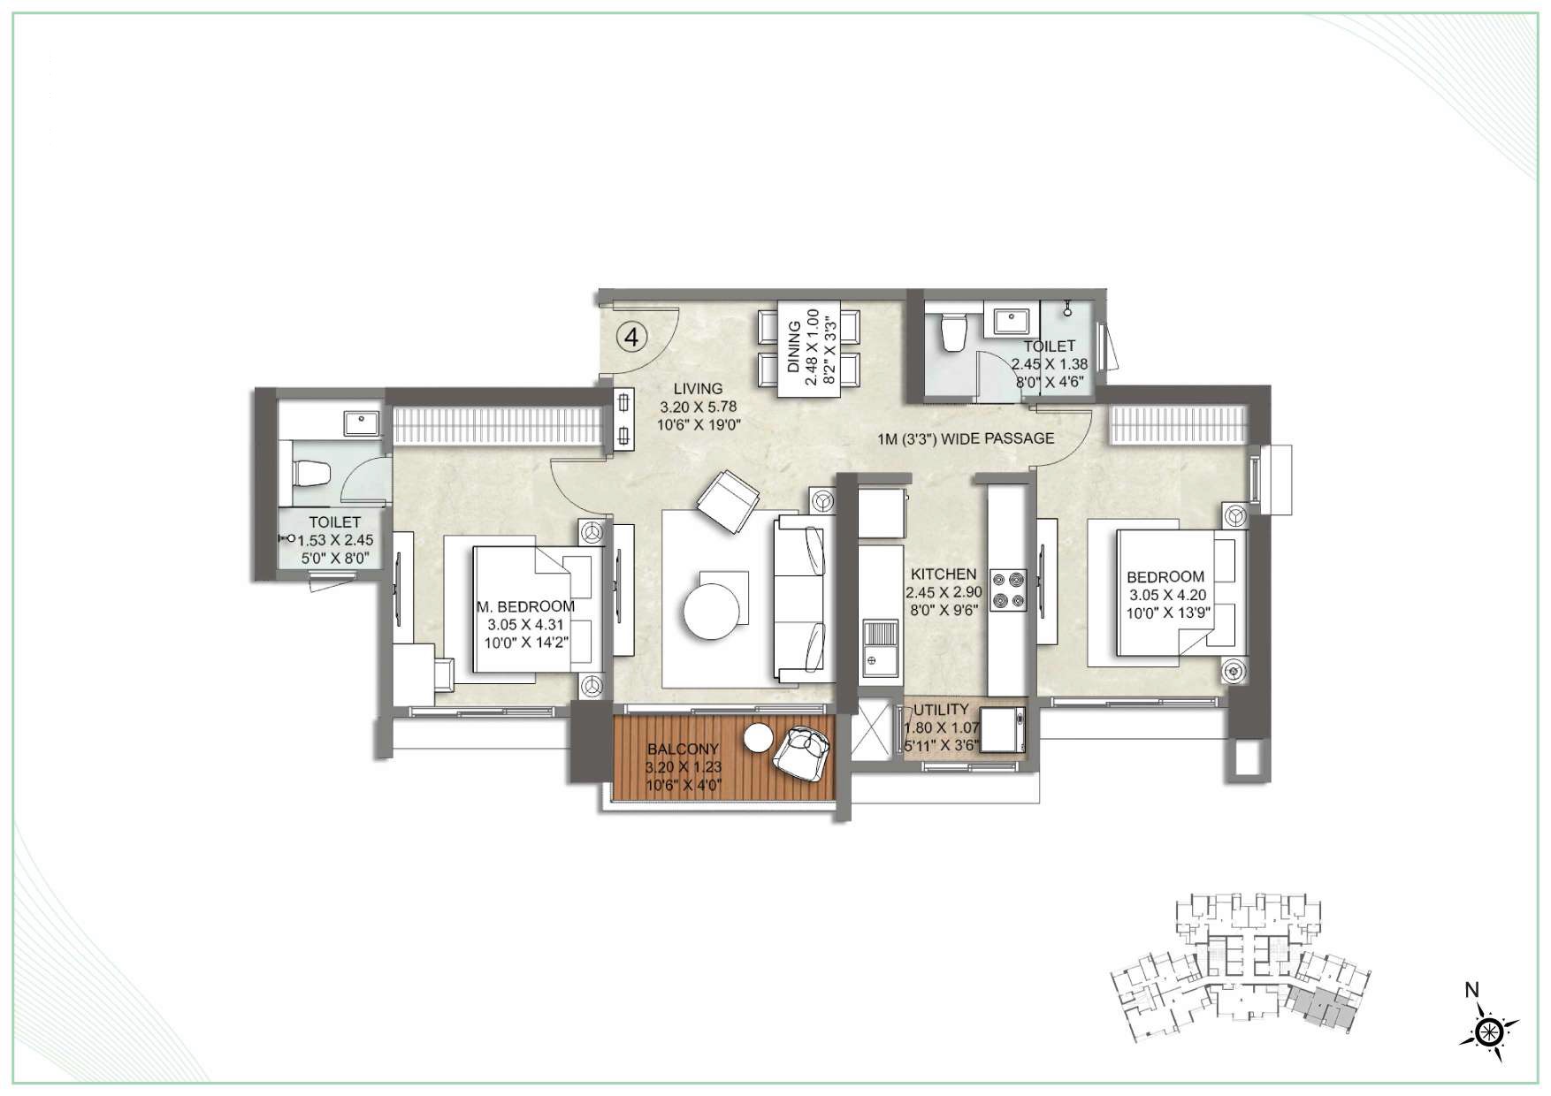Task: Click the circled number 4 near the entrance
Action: pyautogui.click(x=631, y=336)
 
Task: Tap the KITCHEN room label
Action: pyautogui.click(x=944, y=575)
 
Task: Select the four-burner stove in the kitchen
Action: pyautogui.click(x=1008, y=590)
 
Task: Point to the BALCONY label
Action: pyautogui.click(x=683, y=749)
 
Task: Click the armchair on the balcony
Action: pyautogui.click(x=803, y=752)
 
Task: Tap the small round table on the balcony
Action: pyautogui.click(x=758, y=737)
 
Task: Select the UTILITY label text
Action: pyautogui.click(x=941, y=710)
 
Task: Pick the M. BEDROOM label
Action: pyautogui.click(x=525, y=606)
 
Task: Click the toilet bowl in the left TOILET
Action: pyautogui.click(x=311, y=474)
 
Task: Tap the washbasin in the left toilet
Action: pyautogui.click(x=361, y=424)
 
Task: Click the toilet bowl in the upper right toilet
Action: pyautogui.click(x=953, y=333)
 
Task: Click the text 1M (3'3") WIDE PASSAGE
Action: pyautogui.click(x=966, y=438)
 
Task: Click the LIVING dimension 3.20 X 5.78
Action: pyautogui.click(x=698, y=407)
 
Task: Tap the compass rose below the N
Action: pyautogui.click(x=1490, y=1031)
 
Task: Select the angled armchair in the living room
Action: pyautogui.click(x=728, y=501)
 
